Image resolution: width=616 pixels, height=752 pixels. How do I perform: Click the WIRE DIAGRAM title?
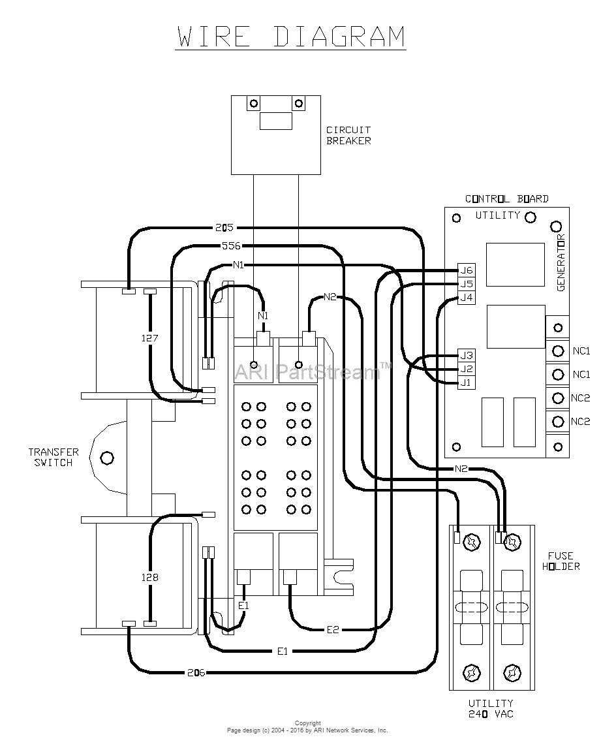291,37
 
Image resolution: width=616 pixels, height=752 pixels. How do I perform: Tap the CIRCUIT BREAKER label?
348,136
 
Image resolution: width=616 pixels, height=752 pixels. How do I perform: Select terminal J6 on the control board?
466,270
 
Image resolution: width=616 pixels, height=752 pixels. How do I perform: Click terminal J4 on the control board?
466,298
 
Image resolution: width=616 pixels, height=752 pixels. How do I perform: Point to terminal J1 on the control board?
465,383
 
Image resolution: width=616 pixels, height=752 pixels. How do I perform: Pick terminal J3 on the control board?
466,355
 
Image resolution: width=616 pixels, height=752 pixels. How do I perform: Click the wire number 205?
224,228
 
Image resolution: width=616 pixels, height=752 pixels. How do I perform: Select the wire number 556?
231,246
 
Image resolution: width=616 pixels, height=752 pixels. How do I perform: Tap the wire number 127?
149,338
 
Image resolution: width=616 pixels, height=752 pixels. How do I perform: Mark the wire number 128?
149,577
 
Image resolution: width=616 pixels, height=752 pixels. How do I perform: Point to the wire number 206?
196,672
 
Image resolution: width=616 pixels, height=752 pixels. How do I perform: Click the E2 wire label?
333,629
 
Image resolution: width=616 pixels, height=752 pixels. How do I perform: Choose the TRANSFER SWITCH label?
53,457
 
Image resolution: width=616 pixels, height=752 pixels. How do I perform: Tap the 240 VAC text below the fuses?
490,714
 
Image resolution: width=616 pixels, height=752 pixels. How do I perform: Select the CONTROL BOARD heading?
506,198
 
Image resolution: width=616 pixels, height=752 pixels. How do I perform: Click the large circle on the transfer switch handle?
106,458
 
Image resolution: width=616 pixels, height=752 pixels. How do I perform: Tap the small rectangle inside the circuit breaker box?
275,121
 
